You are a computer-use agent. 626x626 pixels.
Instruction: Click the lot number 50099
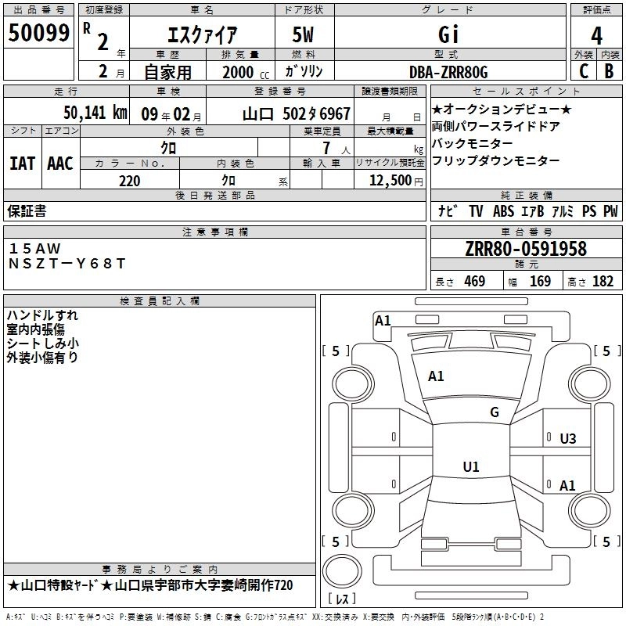(38, 33)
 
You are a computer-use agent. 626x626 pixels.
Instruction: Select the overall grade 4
(596, 36)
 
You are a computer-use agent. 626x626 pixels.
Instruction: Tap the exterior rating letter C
(584, 71)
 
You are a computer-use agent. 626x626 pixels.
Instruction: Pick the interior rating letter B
(610, 71)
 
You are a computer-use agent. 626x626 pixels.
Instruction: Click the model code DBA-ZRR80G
(448, 72)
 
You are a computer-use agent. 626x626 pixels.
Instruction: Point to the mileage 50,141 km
(95, 113)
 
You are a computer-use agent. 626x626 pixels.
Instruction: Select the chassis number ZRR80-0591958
(526, 248)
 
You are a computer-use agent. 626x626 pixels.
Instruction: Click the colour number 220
(130, 181)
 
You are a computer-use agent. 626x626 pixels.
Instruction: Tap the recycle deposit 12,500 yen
(396, 181)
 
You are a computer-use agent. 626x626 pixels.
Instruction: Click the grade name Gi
(448, 34)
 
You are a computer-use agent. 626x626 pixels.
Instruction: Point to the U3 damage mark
(568, 439)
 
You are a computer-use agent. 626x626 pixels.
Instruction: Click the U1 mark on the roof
(471, 466)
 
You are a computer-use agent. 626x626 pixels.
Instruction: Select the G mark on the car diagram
(495, 412)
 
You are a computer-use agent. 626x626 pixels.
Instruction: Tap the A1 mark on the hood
(436, 376)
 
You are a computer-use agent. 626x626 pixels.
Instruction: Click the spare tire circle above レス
(342, 571)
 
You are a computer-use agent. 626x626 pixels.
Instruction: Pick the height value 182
(603, 281)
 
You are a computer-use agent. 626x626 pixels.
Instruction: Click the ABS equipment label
(503, 210)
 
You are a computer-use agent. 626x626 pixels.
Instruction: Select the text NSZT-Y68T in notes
(67, 264)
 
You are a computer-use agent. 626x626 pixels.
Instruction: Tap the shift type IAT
(22, 164)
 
